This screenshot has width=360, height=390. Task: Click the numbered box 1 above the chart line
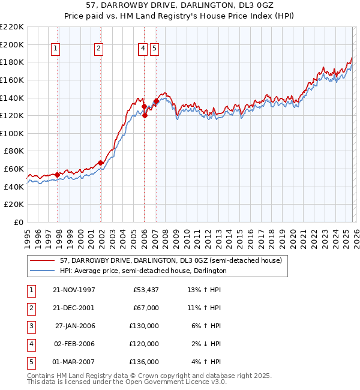pos(55,49)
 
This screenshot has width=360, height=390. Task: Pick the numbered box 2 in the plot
pos(98,49)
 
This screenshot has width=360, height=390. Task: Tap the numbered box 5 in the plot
pos(154,49)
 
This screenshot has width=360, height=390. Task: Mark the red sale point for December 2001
pos(101,163)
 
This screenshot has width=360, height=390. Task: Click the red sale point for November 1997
pos(58,175)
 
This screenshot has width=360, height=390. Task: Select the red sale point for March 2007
pos(156,101)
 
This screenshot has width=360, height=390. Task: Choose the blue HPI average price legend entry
pos(143,271)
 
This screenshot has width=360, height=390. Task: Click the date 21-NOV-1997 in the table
pos(74,290)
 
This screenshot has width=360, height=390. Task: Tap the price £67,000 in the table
pos(144,308)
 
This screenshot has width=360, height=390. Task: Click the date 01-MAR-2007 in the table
pos(74,362)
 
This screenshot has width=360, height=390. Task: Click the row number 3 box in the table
pos(30,326)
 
